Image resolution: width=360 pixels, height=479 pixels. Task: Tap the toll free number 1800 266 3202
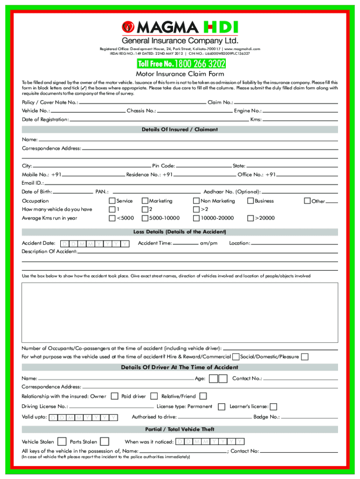180,64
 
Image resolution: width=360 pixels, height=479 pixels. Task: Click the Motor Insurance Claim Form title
180,74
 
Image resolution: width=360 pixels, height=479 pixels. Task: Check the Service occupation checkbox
112,201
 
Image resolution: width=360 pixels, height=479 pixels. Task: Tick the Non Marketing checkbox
196,201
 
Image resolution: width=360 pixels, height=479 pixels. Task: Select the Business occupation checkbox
251,201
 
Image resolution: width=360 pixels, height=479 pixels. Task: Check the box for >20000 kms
251,218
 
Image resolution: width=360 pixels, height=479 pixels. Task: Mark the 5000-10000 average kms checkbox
145,218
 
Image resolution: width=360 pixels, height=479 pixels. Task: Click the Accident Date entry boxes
95,244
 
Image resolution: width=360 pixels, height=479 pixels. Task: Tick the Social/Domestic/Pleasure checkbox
305,357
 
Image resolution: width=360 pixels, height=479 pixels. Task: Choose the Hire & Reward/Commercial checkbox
236,357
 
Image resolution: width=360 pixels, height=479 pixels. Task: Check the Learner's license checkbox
274,407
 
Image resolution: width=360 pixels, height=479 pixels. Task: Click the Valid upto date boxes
83,417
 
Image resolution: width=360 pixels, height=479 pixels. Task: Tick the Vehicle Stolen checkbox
62,442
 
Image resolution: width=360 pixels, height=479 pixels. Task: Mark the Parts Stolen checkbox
105,442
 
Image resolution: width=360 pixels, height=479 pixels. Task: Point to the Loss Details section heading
180,232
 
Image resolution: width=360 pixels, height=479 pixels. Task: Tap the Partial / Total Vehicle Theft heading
180,429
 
